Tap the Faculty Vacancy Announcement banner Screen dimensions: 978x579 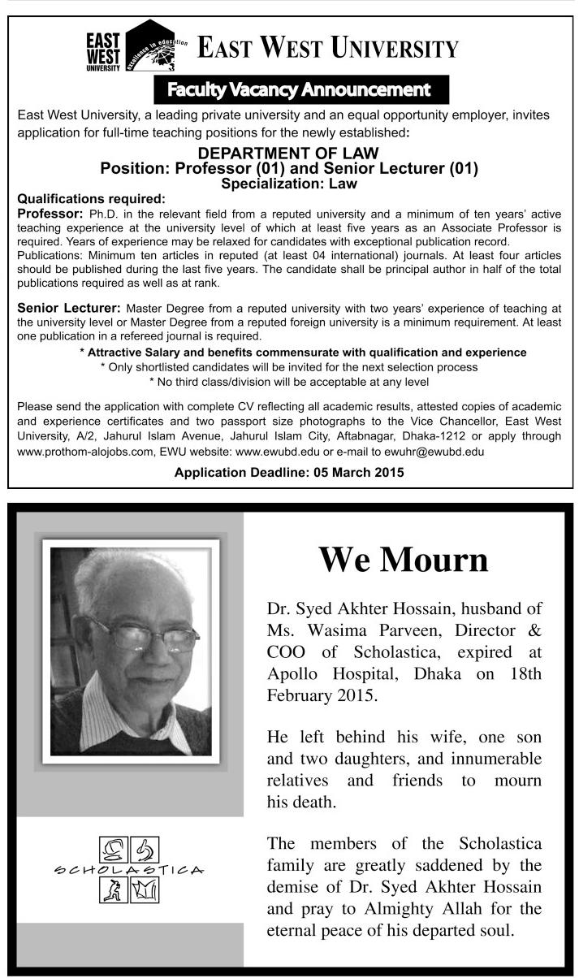298,89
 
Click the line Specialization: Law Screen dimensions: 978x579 288,184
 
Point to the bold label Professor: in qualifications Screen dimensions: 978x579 50,213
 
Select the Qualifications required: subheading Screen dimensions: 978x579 91,198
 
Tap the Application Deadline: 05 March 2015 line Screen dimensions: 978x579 289,471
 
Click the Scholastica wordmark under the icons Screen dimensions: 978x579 129,870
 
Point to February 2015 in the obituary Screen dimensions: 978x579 313,696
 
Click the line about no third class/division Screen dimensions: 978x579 289,381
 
